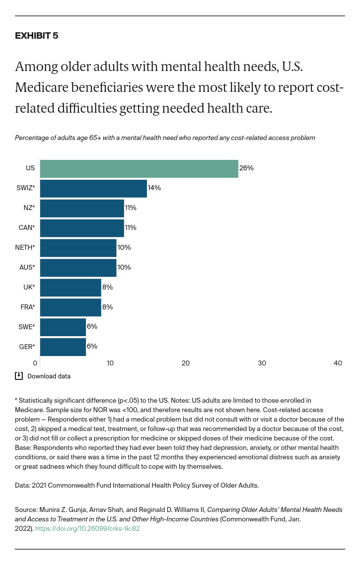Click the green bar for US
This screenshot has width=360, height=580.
click(x=139, y=169)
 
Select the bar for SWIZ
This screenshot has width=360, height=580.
click(x=93, y=189)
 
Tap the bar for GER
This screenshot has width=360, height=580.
click(x=63, y=347)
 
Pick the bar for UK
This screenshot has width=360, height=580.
click(x=71, y=288)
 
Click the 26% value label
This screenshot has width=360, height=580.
click(x=246, y=168)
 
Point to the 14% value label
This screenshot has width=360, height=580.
click(x=154, y=188)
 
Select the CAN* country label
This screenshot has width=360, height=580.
click(x=26, y=228)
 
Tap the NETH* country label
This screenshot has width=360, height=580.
click(x=25, y=248)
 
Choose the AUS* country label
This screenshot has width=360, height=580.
click(x=27, y=268)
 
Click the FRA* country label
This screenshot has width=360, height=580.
click(x=27, y=307)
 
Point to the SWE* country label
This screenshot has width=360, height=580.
click(x=26, y=327)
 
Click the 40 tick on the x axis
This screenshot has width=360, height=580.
click(x=338, y=363)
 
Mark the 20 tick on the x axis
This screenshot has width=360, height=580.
click(x=186, y=363)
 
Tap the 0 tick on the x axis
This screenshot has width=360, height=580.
click(x=35, y=363)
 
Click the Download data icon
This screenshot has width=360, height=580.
click(x=19, y=376)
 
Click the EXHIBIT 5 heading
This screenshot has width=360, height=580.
click(x=36, y=36)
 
